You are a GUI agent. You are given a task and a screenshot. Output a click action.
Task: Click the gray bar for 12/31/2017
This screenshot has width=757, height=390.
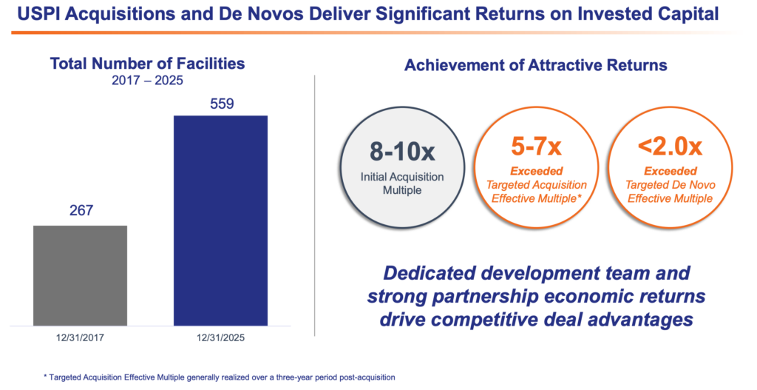click(80, 275)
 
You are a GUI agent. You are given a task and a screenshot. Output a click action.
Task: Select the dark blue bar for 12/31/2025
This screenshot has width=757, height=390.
click(220, 221)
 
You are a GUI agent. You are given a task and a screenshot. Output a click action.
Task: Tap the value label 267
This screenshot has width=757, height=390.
click(81, 211)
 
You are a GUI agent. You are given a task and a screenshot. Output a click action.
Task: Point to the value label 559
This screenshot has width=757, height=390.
click(222, 104)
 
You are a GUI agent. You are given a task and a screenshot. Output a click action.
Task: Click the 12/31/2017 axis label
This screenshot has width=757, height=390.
click(80, 337)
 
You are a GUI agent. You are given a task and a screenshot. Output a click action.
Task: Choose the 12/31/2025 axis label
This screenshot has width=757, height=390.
click(220, 337)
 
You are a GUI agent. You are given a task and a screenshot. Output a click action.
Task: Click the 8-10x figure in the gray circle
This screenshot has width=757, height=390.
click(402, 151)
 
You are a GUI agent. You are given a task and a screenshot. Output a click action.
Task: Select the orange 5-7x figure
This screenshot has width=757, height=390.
click(537, 147)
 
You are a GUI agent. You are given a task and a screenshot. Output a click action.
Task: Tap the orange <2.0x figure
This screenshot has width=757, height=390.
click(670, 147)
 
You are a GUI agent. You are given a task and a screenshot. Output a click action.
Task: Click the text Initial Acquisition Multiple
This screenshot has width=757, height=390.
click(402, 184)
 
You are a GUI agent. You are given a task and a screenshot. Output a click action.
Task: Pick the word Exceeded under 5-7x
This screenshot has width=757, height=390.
click(537, 171)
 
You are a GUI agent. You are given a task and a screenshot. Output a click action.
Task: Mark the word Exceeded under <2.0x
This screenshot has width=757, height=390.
click(671, 171)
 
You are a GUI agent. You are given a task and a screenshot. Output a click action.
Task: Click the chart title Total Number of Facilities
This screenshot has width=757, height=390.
click(148, 64)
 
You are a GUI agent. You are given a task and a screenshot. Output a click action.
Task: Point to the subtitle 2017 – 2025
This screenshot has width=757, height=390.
click(148, 80)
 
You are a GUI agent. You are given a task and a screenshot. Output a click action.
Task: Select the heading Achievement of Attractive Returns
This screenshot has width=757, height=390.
click(536, 65)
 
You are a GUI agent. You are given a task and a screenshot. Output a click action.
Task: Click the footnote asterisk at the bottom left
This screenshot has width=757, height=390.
click(45, 376)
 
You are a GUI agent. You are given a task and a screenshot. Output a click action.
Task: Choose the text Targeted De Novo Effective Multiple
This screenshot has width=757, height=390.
click(671, 192)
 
